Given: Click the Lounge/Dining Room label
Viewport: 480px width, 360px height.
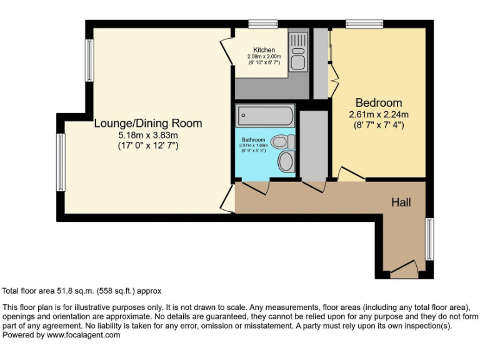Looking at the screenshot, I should (148, 123).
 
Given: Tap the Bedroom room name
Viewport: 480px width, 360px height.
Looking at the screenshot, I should (379, 102).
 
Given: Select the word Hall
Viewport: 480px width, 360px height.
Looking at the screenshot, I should (401, 202).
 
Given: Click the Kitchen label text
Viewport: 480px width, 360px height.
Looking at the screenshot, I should (264, 50).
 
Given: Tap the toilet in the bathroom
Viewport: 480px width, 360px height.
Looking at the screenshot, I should (284, 141).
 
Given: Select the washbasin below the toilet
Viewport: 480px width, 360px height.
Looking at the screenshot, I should (287, 162).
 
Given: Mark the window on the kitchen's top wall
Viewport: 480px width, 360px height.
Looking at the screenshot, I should (262, 24).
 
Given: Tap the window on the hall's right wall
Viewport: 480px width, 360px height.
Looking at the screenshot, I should (429, 239).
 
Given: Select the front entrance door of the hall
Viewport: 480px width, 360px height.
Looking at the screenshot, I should (403, 270).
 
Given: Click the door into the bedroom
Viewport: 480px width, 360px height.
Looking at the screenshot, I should (351, 175).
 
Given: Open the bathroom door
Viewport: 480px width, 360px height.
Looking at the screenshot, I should (256, 186).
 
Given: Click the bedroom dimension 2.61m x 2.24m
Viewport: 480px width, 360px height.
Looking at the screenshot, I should (379, 114).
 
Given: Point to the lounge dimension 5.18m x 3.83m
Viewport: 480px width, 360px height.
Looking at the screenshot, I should (148, 135).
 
